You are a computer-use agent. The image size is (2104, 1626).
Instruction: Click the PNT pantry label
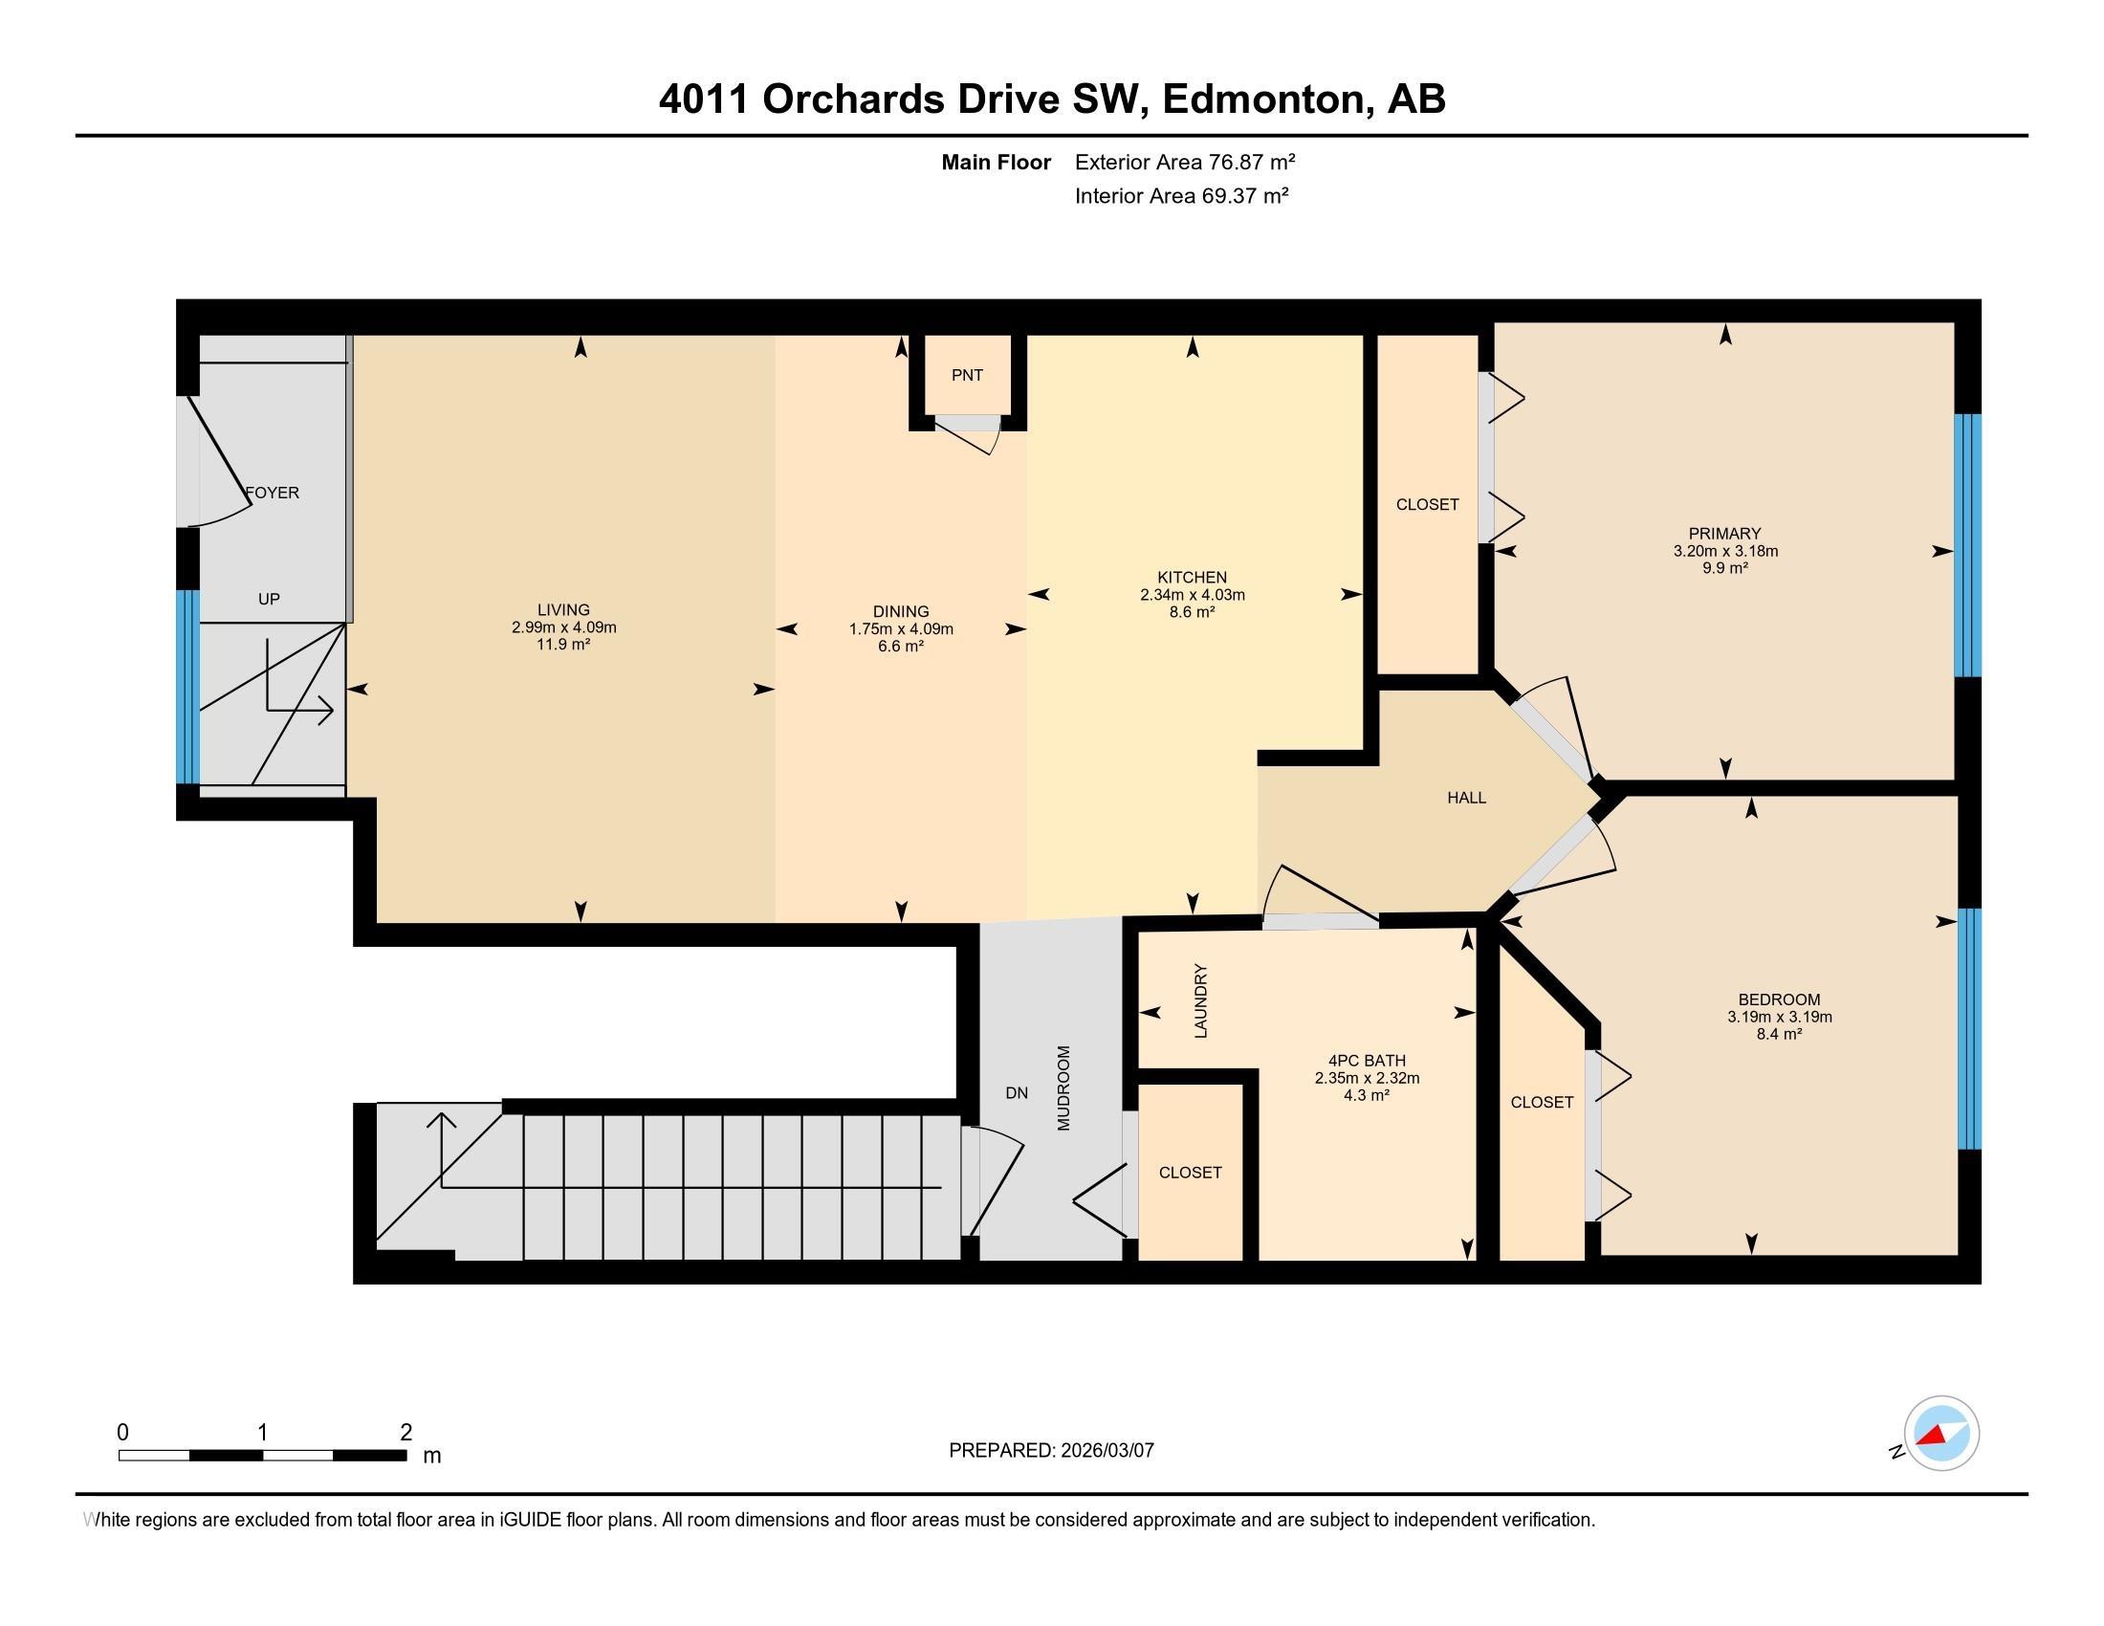[966, 376]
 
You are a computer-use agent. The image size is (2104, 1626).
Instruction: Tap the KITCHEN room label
[1192, 577]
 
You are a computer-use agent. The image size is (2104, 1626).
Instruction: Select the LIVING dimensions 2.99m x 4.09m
[563, 627]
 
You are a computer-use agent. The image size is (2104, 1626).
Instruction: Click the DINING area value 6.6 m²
[901, 647]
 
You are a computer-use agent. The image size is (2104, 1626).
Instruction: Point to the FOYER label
[273, 493]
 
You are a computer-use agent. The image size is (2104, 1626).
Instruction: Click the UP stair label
[269, 599]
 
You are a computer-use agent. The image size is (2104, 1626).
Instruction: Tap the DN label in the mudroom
[1017, 1092]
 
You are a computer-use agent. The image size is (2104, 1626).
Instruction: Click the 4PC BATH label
[1366, 1061]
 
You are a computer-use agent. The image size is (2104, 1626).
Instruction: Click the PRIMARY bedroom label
[1724, 534]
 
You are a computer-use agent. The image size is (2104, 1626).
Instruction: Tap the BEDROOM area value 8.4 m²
[1779, 1034]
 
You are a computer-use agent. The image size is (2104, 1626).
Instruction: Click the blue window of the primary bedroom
[1967, 545]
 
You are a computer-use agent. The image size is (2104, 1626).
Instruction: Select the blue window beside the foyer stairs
[187, 686]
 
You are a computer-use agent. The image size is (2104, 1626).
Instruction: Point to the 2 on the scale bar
[405, 1433]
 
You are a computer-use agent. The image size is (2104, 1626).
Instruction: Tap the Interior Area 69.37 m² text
[1181, 196]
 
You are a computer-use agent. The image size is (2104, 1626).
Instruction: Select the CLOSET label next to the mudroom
[1190, 1173]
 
